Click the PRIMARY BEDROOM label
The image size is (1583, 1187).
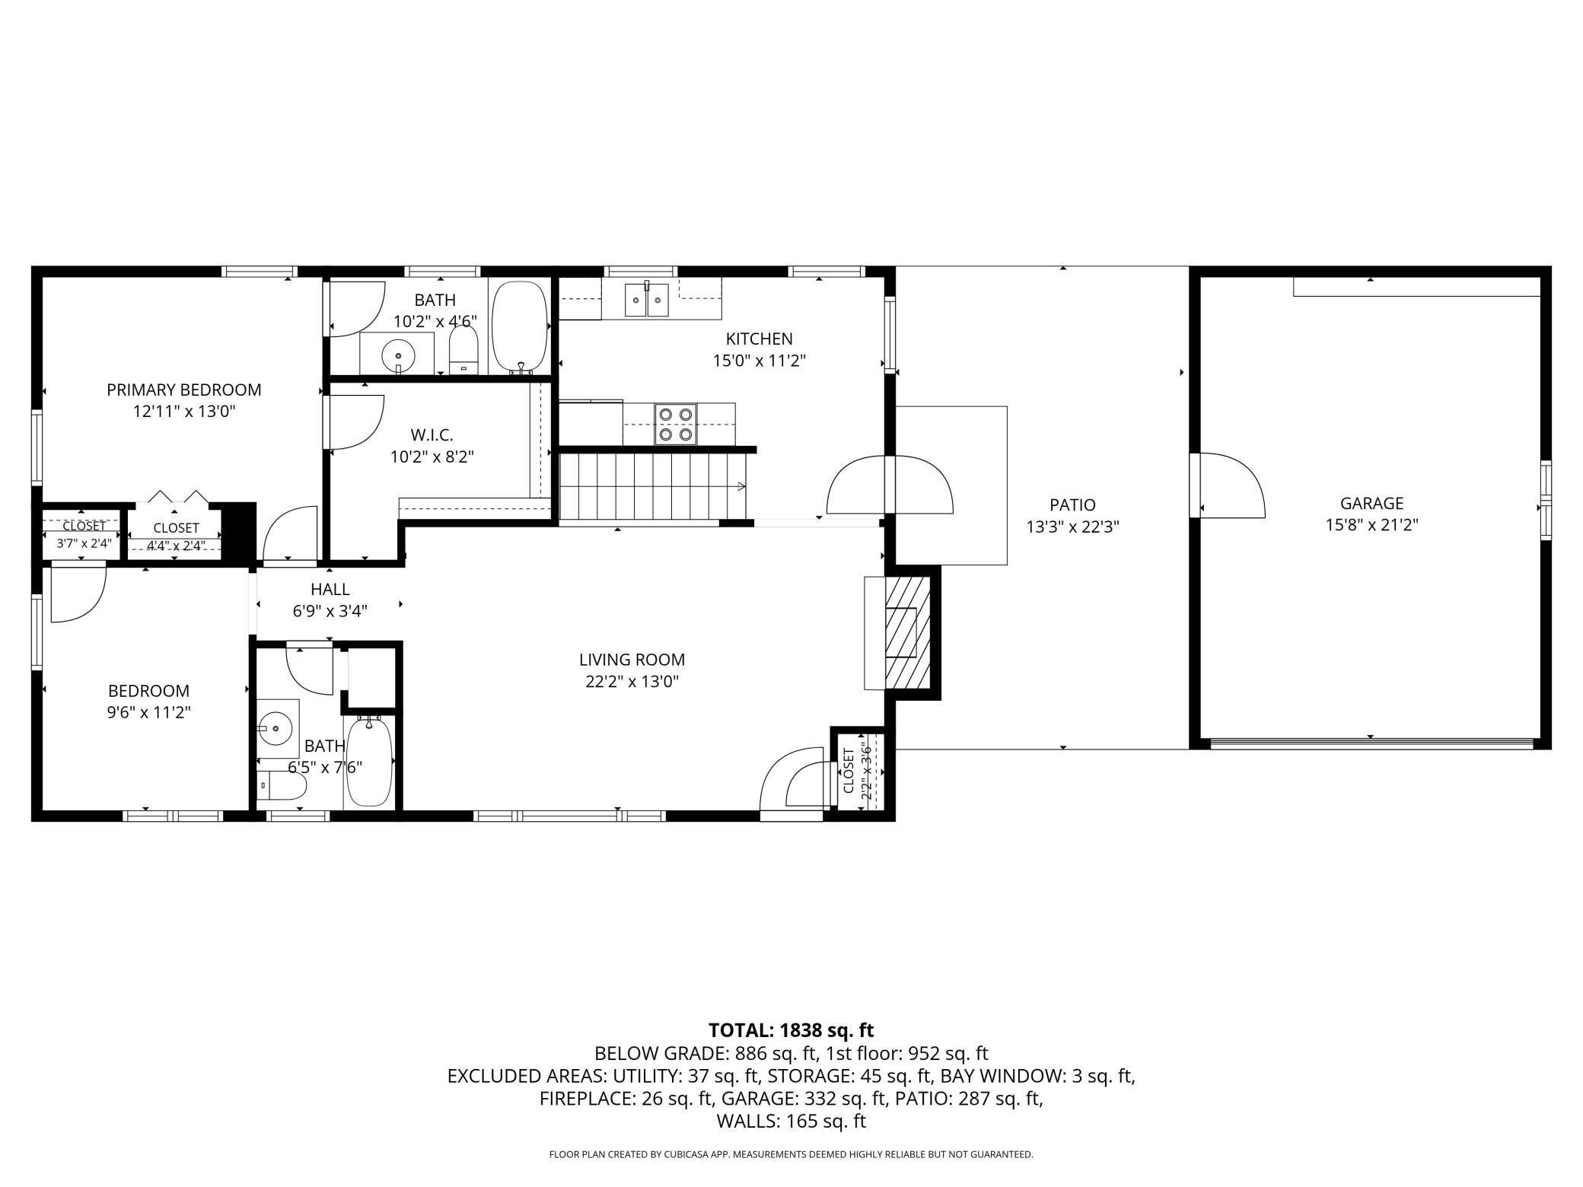click(x=183, y=390)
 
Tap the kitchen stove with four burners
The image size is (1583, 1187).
click(x=676, y=424)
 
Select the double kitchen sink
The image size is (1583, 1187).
click(x=647, y=299)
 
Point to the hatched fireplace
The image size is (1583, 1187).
click(x=907, y=632)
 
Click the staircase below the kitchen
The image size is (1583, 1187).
click(x=653, y=486)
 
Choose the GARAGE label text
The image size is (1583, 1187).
click(x=1371, y=503)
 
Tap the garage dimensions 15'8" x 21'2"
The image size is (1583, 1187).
click(x=1371, y=524)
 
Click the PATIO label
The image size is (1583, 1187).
click(x=1072, y=504)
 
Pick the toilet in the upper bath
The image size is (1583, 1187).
click(x=463, y=350)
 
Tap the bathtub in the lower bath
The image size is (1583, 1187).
click(x=370, y=762)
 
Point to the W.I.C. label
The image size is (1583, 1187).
click(x=432, y=435)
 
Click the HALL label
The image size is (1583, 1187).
click(x=330, y=589)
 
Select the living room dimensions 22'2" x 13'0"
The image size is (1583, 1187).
click(x=632, y=681)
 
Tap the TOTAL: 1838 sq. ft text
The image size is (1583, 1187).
click(x=791, y=1030)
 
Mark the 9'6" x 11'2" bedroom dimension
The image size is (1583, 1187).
click(x=149, y=712)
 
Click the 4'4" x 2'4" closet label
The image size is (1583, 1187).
click(x=175, y=545)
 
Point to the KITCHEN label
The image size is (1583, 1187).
click(x=759, y=339)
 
